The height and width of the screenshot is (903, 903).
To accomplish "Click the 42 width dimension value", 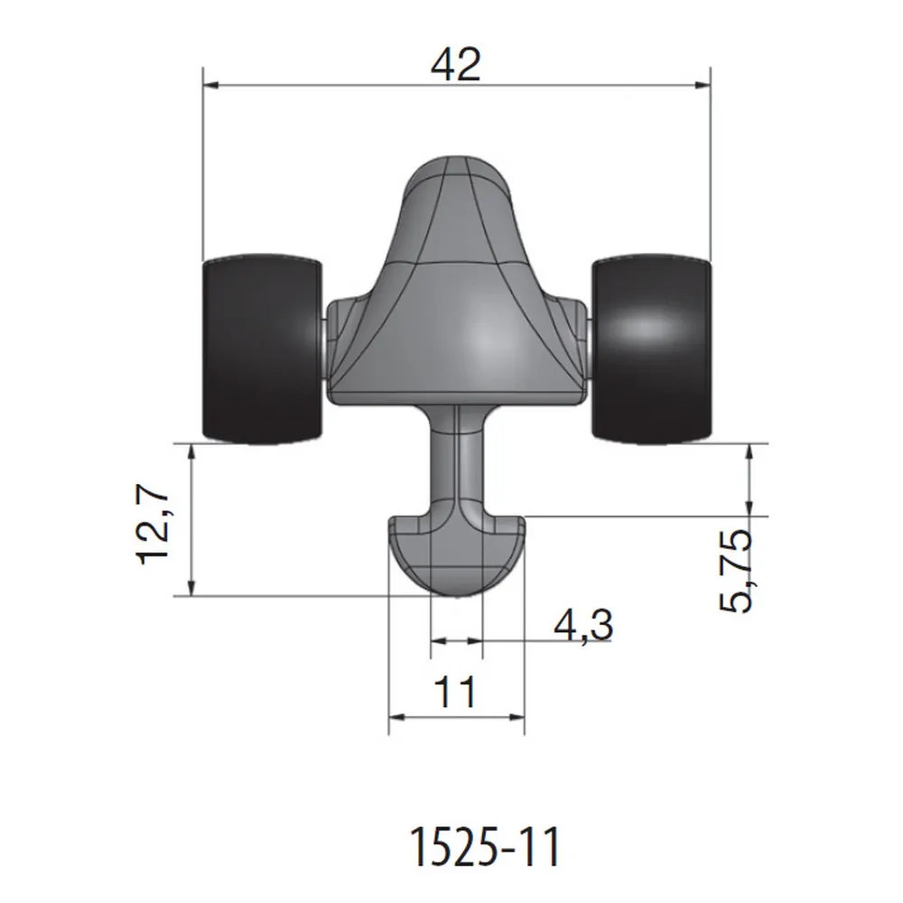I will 456,65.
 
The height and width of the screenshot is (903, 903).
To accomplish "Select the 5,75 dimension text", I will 735,572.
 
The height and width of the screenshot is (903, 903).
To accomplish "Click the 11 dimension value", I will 456,694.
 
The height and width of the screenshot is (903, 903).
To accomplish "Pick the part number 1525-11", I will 485,848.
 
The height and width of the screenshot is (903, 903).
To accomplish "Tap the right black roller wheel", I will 651,349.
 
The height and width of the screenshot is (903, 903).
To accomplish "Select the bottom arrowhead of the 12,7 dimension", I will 192,588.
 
